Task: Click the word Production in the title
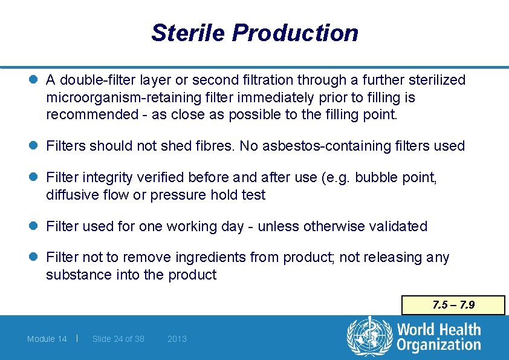click(x=295, y=33)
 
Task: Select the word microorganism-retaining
click(x=122, y=97)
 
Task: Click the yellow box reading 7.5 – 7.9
click(x=453, y=305)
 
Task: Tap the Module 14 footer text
click(x=47, y=339)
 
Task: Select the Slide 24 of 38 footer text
click(x=118, y=339)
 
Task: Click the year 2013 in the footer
click(x=177, y=339)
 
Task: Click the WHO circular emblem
click(x=369, y=336)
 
